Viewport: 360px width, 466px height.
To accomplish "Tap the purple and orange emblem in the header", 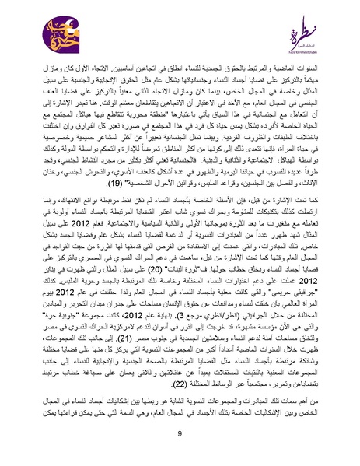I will pos(36,35).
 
